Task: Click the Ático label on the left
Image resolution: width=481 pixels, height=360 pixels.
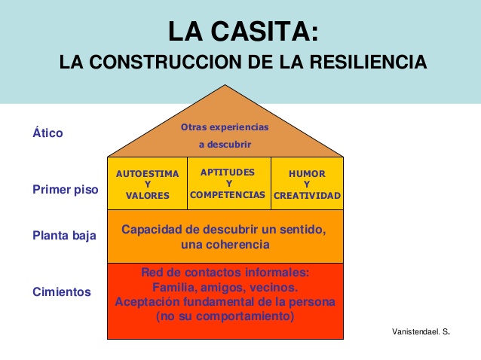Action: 47,133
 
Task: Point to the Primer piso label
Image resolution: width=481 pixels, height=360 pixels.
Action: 65,190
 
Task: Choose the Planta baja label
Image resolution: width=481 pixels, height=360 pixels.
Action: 65,236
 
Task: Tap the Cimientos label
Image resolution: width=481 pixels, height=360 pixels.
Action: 62,292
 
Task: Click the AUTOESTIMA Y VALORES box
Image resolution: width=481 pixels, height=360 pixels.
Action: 147,184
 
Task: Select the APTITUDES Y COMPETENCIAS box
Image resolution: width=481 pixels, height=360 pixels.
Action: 228,183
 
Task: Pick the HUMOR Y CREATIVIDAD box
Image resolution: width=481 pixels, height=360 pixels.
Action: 307,184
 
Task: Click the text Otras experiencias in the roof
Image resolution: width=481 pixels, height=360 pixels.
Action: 225,127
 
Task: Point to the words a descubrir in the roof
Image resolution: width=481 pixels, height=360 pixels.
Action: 225,144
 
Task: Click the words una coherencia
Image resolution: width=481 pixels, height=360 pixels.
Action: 225,245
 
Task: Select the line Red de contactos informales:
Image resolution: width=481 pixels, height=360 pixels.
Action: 225,273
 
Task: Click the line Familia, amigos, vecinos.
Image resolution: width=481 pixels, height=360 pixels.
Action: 225,287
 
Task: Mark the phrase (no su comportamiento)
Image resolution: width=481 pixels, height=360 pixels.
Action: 225,316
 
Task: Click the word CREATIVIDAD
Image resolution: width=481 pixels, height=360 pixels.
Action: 307,195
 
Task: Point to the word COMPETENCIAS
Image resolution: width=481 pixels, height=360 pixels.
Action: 228,194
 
